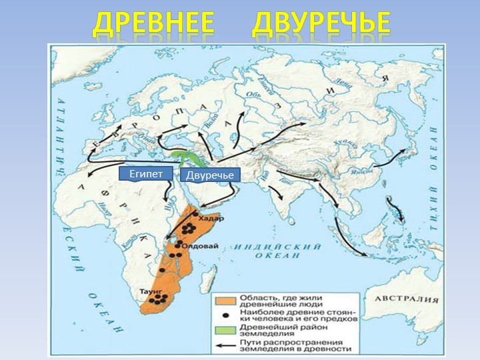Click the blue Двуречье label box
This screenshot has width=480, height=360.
[209, 175]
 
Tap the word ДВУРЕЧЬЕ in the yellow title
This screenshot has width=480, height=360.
[321, 23]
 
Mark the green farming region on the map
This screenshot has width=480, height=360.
[183, 157]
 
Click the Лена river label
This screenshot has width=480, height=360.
[345, 82]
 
